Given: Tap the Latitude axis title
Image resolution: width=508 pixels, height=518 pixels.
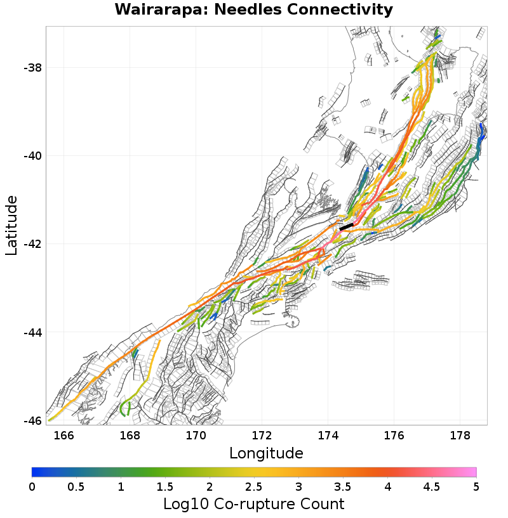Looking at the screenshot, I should click(11, 225).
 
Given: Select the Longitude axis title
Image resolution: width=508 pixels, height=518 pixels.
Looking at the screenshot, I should click(266, 453).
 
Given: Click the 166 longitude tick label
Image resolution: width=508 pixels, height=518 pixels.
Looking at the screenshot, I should click(63, 436).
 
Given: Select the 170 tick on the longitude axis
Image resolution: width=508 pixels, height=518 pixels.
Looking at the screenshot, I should click(196, 436).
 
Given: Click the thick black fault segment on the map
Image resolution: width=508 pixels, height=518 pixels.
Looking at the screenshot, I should click(346, 226).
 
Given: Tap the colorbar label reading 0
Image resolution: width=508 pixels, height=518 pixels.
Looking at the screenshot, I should click(32, 486).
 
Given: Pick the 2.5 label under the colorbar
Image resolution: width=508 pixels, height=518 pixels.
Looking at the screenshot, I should click(254, 486).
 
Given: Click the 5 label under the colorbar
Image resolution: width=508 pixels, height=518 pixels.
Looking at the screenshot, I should click(476, 486).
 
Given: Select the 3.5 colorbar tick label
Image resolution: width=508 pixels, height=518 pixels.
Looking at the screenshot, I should click(343, 486).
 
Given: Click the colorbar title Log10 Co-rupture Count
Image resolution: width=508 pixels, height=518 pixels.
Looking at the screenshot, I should click(253, 504).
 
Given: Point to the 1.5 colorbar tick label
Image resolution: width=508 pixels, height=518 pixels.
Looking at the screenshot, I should click(165, 486).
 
